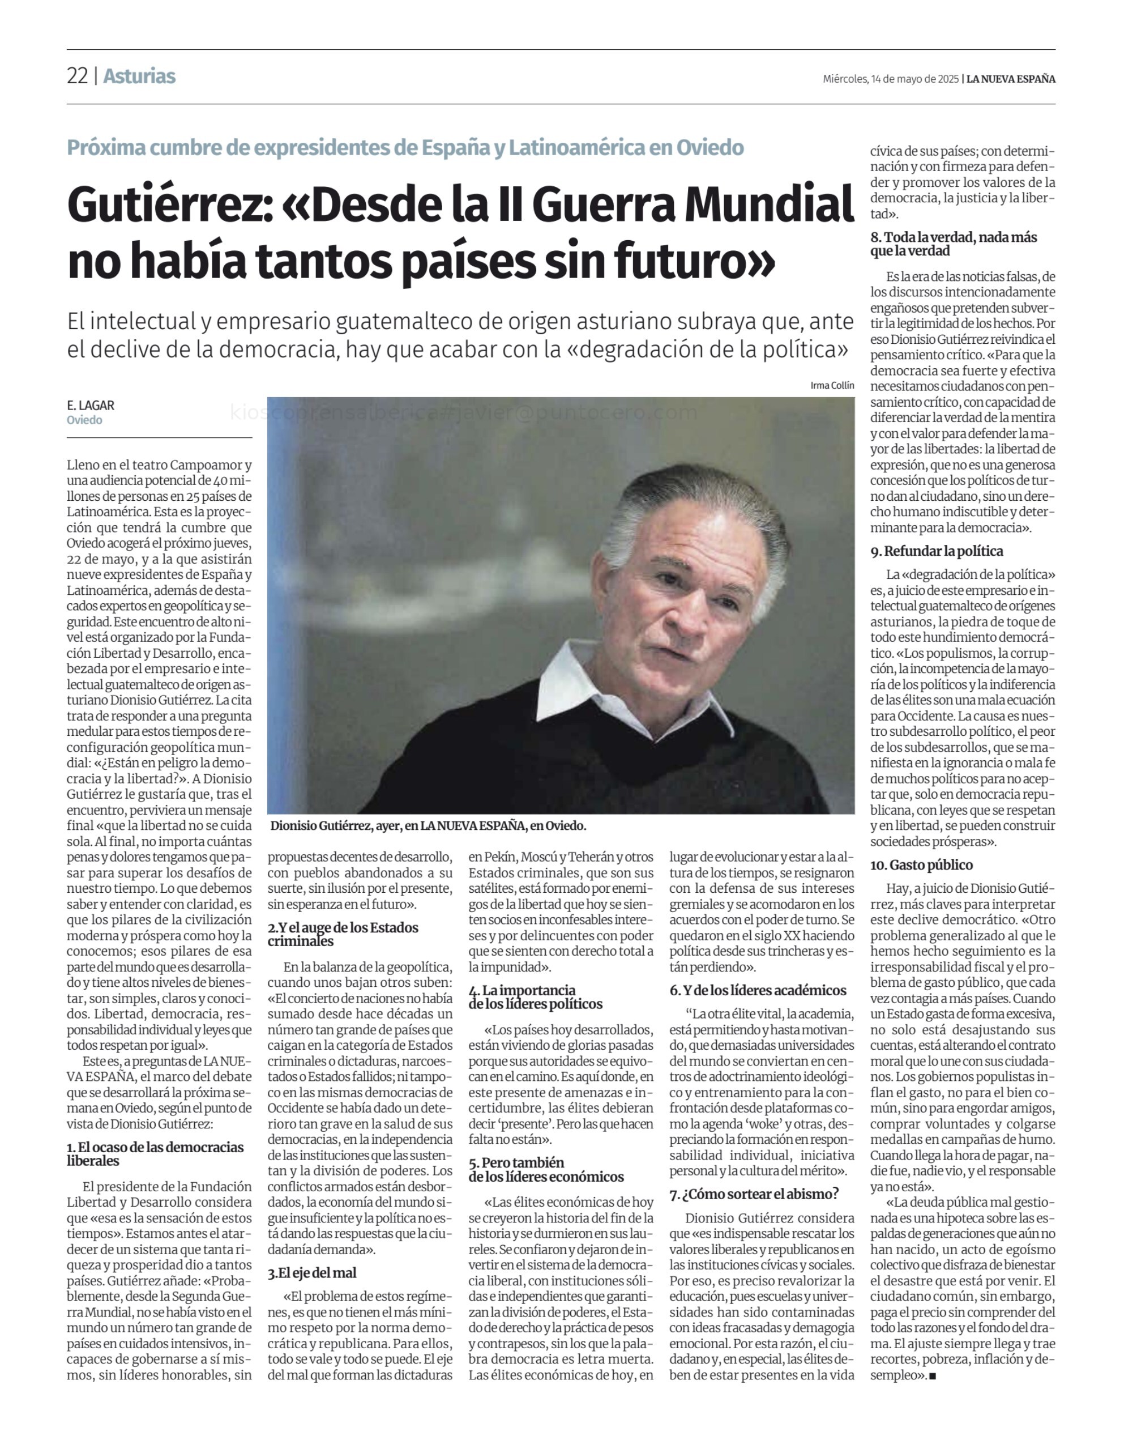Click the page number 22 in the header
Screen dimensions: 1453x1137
(77, 76)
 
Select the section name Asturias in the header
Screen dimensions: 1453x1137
(139, 76)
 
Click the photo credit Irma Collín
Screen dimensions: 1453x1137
(832, 386)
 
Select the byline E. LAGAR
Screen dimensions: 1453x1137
(91, 405)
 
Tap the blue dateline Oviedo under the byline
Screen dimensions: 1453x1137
(84, 420)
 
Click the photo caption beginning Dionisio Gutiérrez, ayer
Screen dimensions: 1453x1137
(428, 826)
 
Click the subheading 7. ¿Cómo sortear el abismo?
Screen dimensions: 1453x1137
(754, 1194)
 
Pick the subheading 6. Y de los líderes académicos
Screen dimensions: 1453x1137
(758, 990)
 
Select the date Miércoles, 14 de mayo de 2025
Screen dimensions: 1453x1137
(891, 79)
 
